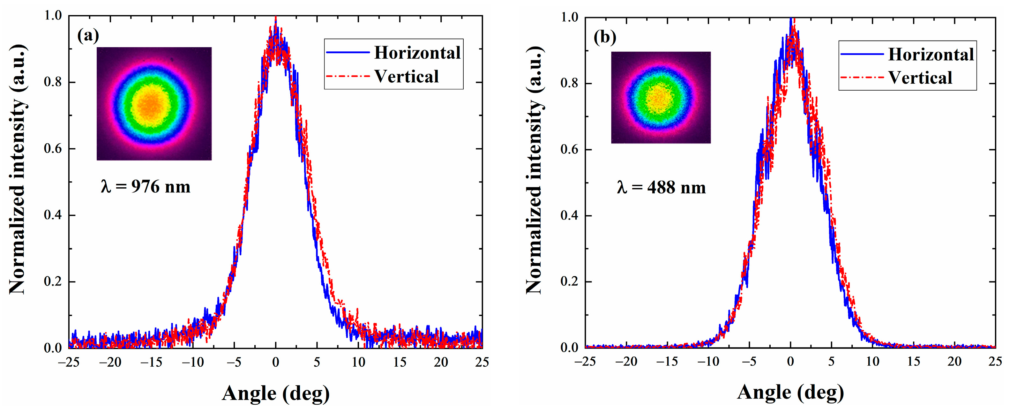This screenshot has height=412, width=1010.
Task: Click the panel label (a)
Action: pos(88,36)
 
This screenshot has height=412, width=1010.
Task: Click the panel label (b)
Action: pos(605,37)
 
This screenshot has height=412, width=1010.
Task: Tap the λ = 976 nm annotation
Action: pos(146,187)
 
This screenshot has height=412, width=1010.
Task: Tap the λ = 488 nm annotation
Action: pos(661,187)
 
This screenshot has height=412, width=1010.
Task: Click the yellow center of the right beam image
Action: pos(660,98)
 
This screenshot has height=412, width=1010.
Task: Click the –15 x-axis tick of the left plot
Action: pos(151,362)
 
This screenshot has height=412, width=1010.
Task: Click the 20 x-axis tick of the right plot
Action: pos(954,362)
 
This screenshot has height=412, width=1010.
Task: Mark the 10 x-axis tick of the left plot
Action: pos(358,362)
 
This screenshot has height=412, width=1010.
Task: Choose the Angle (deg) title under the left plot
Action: pos(276,393)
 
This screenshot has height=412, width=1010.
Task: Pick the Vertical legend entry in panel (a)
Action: pos(406,77)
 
